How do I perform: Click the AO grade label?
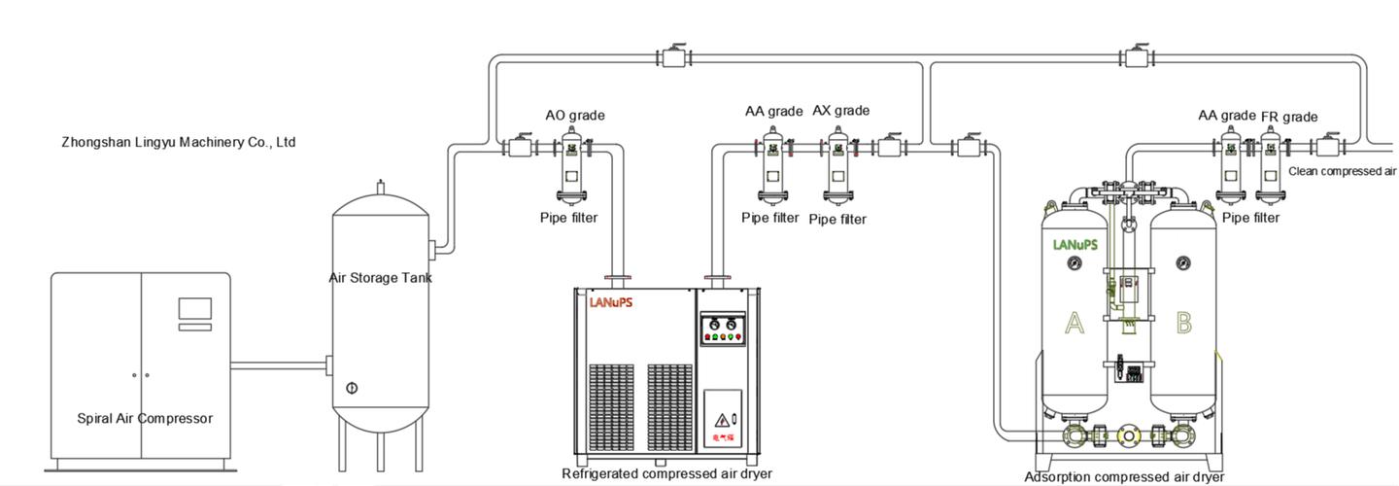(x=574, y=116)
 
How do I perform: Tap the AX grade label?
(x=840, y=111)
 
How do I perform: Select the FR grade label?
(x=1289, y=117)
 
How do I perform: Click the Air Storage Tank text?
(x=380, y=278)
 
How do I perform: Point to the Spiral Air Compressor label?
(x=144, y=419)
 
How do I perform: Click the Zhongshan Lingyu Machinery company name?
(x=178, y=142)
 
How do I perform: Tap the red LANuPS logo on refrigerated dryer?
(x=611, y=302)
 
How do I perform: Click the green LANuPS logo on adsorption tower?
(x=1075, y=245)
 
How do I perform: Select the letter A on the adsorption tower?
(x=1074, y=323)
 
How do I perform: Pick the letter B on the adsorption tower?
(x=1183, y=323)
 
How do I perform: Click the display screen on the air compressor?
(x=194, y=309)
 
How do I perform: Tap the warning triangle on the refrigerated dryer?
(x=722, y=420)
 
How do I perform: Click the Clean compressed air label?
(x=1342, y=171)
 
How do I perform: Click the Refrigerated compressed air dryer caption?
(x=666, y=474)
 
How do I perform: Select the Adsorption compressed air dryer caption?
(x=1124, y=477)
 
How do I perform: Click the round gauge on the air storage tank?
(x=352, y=388)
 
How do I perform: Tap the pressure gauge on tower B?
(x=1182, y=262)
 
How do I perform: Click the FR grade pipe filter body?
(x=1269, y=171)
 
